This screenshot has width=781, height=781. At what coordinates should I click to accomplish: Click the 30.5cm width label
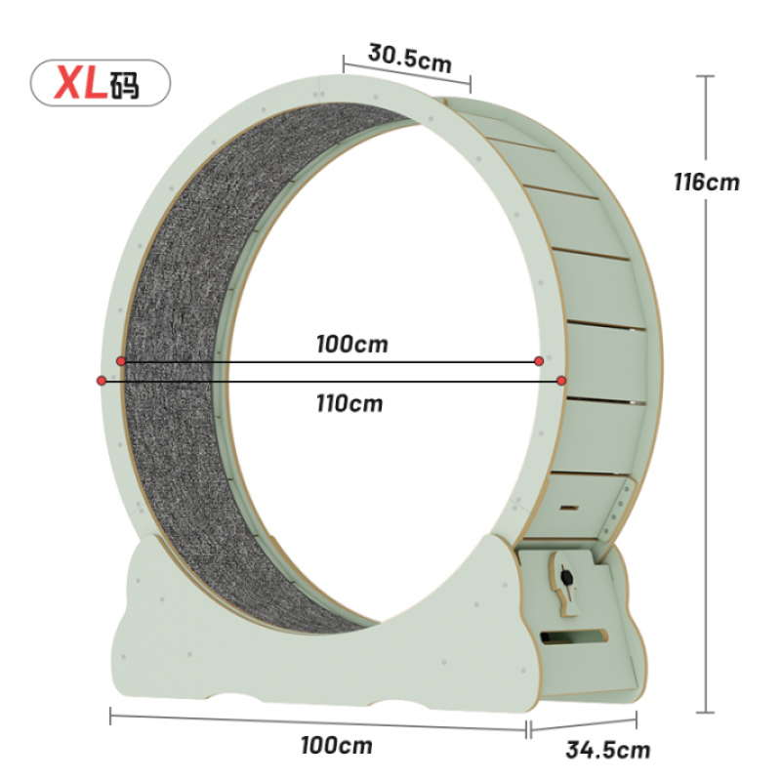(410, 58)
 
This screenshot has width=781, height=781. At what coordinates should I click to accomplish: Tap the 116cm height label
(706, 182)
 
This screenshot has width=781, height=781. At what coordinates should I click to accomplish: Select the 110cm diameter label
(349, 402)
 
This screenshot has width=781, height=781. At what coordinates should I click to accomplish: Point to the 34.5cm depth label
(607, 750)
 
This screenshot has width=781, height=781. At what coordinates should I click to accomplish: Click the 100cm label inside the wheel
(351, 345)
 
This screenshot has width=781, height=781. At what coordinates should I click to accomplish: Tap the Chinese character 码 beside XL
(125, 85)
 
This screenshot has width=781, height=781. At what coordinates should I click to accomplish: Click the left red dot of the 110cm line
(103, 380)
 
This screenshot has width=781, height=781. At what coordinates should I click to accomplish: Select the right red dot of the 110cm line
(561, 380)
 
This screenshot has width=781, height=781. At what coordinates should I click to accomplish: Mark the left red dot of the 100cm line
(121, 361)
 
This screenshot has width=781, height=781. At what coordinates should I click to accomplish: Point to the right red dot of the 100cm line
(539, 361)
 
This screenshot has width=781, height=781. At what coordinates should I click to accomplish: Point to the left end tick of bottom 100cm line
(110, 718)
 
